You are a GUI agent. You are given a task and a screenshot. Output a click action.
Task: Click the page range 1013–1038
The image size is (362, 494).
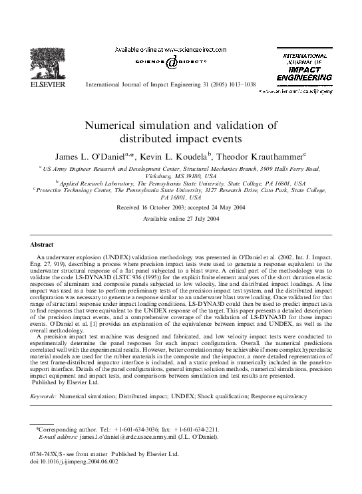tap(240, 86)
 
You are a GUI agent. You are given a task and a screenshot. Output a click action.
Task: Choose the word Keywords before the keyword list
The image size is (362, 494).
tap(44, 396)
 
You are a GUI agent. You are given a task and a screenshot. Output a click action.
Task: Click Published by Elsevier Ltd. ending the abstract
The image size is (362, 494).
tap(66, 383)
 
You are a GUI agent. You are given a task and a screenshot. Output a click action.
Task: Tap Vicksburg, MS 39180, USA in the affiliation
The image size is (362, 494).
tap(180, 177)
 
